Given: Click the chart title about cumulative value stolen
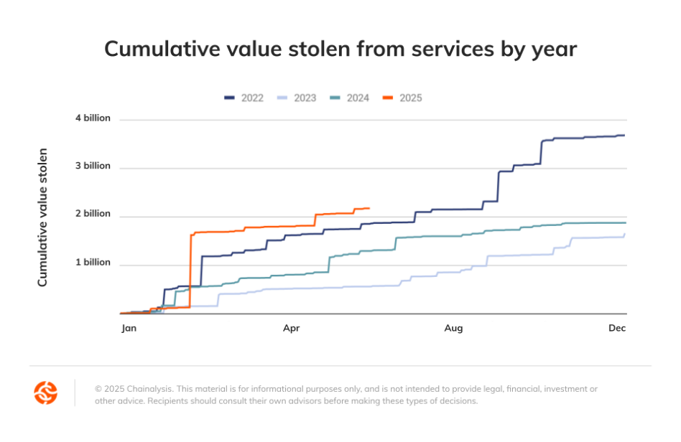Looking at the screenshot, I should tap(340, 49).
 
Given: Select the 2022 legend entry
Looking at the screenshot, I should tap(244, 98).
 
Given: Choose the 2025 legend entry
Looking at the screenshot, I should tap(402, 98).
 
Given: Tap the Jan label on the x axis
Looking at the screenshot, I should tap(129, 328).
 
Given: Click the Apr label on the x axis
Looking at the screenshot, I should tap(291, 328).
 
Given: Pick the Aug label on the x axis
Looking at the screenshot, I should tap(453, 328).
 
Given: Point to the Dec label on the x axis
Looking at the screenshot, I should tap(617, 328).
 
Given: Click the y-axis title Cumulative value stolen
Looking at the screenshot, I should tap(42, 217).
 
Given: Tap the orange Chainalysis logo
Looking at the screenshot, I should tap(46, 392).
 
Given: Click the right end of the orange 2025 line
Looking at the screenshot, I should tap(369, 208).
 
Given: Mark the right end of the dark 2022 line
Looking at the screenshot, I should tap(624, 135).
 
